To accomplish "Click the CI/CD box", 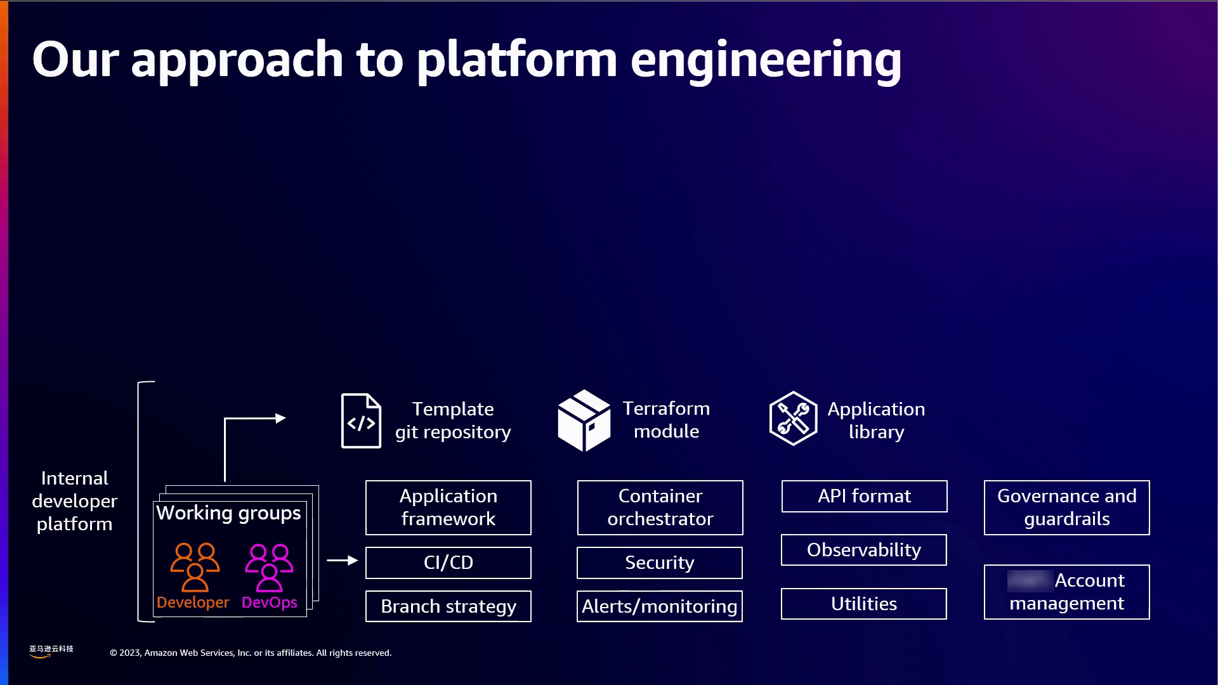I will pyautogui.click(x=448, y=563).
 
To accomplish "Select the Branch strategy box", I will pyautogui.click(x=448, y=606).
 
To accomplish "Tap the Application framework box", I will pyautogui.click(x=448, y=507).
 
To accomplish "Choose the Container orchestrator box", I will pyautogui.click(x=660, y=507).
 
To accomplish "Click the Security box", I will pyautogui.click(x=659, y=563).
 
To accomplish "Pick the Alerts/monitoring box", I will pyautogui.click(x=659, y=606).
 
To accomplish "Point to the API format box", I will pyautogui.click(x=864, y=496).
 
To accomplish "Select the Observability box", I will pyautogui.click(x=863, y=550).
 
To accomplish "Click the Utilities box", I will pyautogui.click(x=863, y=604).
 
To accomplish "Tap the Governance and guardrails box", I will pyautogui.click(x=1066, y=507).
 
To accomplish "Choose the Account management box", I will pyautogui.click(x=1066, y=592).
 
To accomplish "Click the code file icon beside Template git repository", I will pyautogui.click(x=361, y=421).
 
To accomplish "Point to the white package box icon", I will pyautogui.click(x=584, y=421).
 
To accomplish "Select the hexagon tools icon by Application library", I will pyautogui.click(x=793, y=419).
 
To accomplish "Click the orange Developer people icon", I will pyautogui.click(x=195, y=567).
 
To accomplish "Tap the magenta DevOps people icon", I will pyautogui.click(x=269, y=567).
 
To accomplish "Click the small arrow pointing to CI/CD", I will pyautogui.click(x=342, y=561).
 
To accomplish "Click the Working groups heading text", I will pyautogui.click(x=228, y=512).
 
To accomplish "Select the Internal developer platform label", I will pyautogui.click(x=74, y=501).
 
